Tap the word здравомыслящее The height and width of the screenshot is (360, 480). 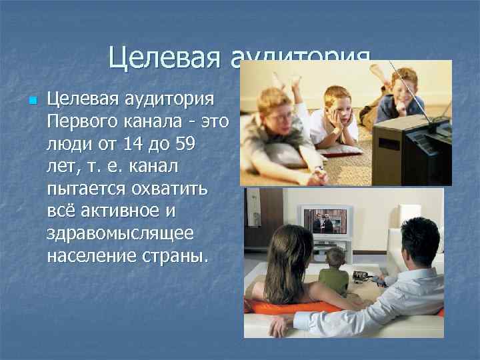click(x=120, y=235)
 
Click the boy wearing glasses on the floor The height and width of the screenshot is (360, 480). click(x=277, y=120)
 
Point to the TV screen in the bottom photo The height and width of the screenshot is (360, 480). click(x=325, y=221)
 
